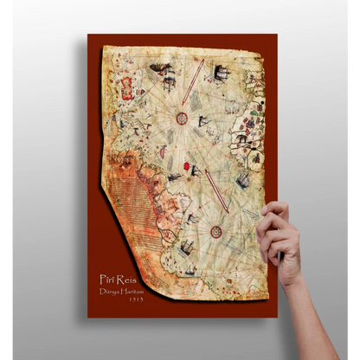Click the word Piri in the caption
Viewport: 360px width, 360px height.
coord(107,280)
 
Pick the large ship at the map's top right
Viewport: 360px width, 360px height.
coord(222,73)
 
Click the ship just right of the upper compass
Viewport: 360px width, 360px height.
coord(204,120)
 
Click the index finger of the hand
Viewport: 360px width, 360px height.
coord(276,211)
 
